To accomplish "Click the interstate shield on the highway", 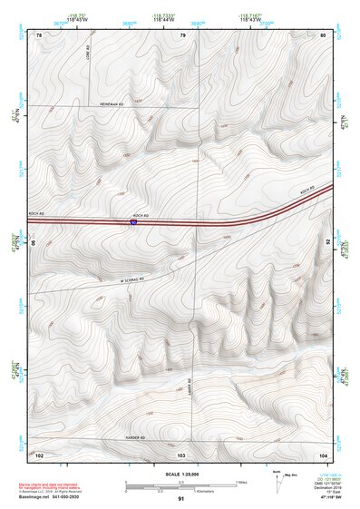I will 134,221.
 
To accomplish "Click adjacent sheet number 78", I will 39,34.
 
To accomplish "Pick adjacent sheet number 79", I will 182,34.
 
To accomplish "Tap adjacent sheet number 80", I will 323,34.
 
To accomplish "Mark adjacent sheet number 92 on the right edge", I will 327,243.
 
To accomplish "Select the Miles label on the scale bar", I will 241,482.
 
